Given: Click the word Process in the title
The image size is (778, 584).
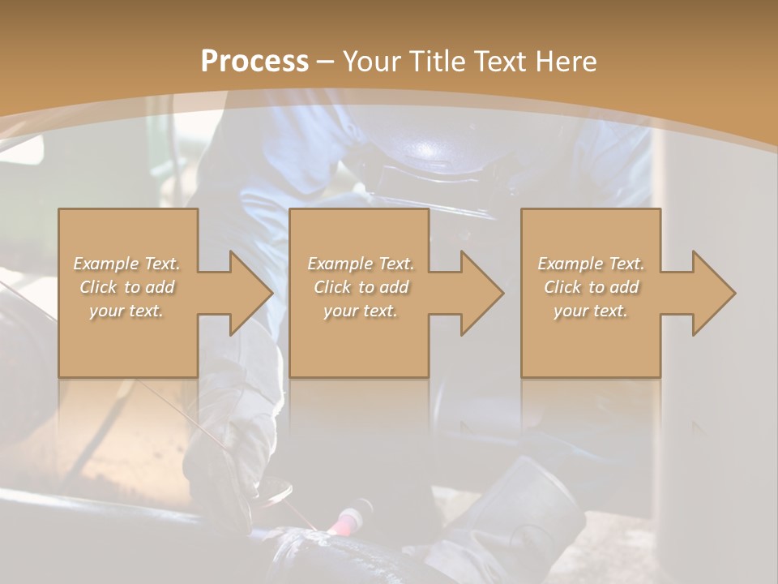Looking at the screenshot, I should pos(254,62).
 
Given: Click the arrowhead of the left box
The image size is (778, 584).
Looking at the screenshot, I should pos(251,293).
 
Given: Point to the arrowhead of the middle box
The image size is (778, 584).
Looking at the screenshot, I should pos(482,293).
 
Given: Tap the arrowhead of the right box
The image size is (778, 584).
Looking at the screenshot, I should pos(713,293).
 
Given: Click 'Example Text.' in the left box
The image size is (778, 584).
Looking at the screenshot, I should pos(126,264).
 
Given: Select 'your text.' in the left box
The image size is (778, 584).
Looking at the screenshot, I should pos(126,311).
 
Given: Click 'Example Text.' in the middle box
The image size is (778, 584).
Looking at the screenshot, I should pos(361,264).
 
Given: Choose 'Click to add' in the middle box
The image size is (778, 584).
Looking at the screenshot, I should pos(361,287).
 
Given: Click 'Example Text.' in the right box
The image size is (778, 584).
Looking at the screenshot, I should pos(591,264).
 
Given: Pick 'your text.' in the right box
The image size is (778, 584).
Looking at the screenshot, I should pos(591,311).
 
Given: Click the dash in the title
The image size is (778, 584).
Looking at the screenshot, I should pos(326,62).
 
